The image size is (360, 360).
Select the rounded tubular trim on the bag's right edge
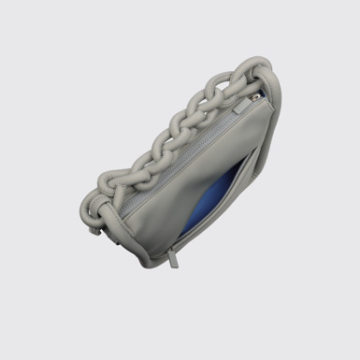(x=272, y=140)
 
